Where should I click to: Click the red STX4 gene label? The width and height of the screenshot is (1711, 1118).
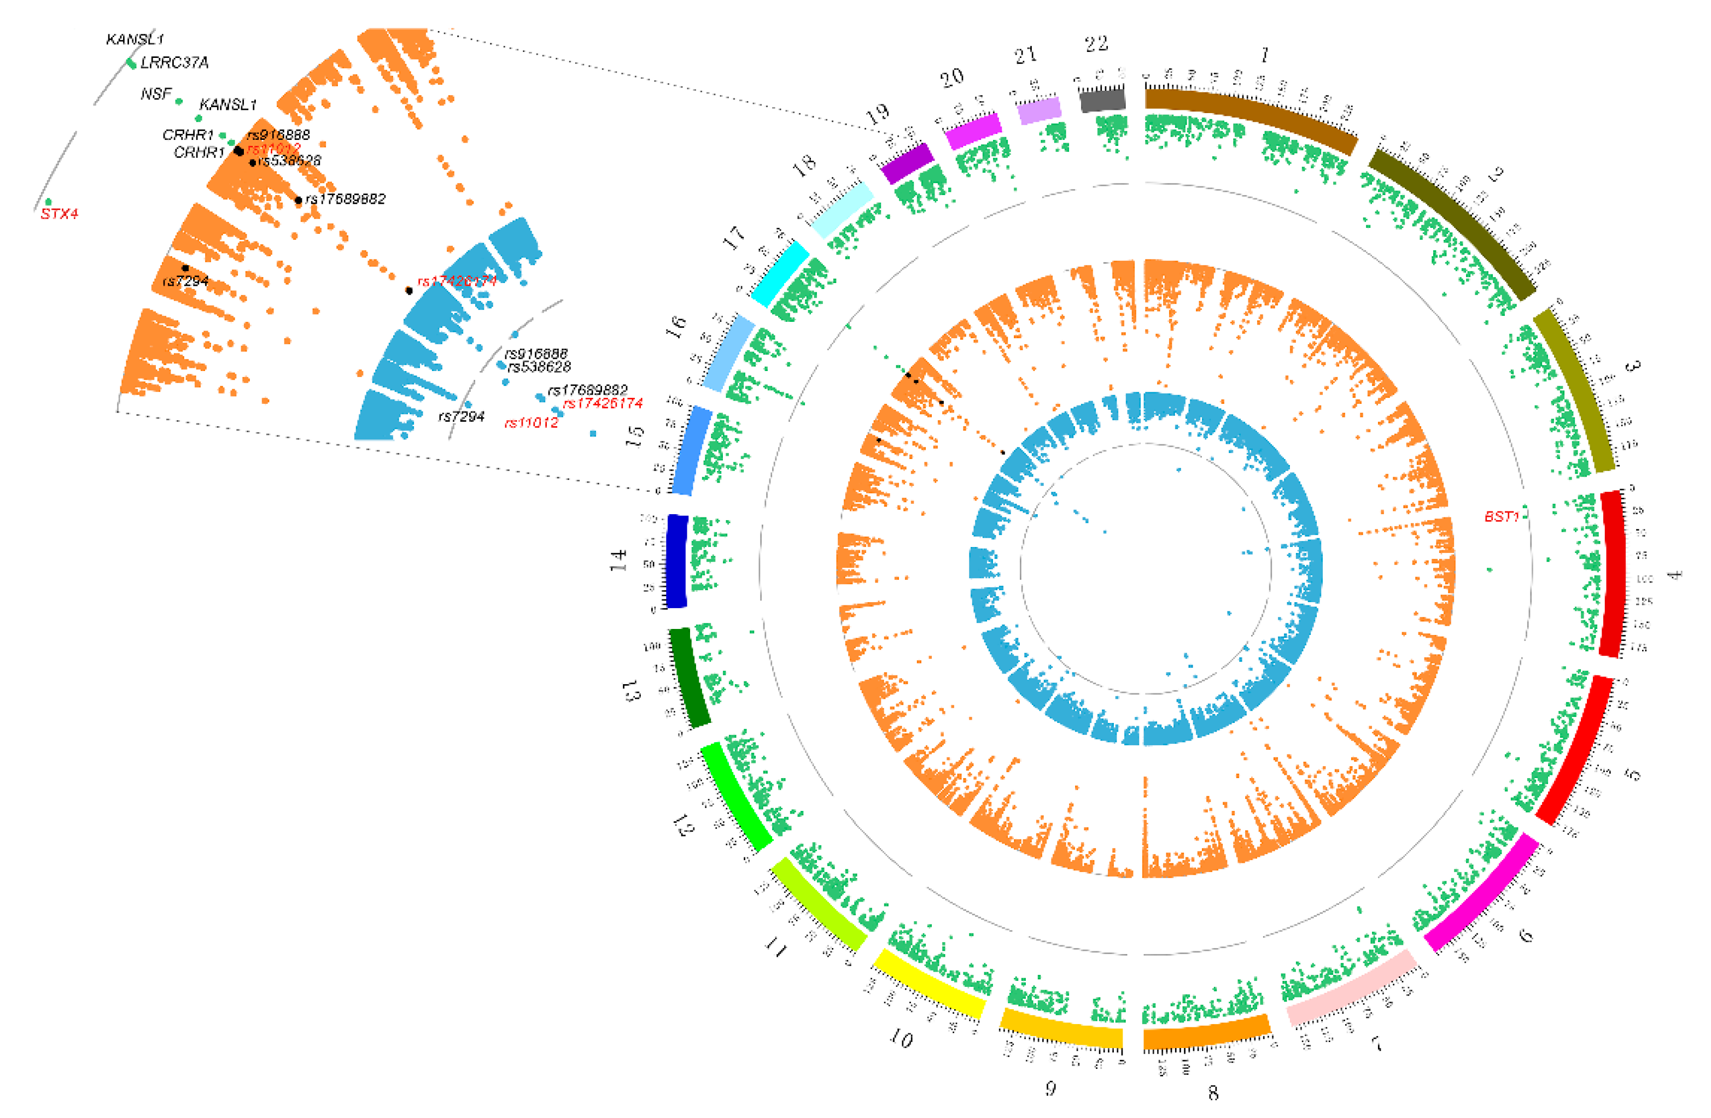point(59,214)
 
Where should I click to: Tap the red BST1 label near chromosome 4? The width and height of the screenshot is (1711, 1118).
point(1501,516)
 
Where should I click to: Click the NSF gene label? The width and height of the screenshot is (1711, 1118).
point(156,94)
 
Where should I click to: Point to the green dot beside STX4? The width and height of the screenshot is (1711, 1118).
point(48,202)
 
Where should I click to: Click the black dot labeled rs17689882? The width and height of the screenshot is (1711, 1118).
point(299,200)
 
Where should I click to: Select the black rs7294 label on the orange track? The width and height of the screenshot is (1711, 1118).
point(185,281)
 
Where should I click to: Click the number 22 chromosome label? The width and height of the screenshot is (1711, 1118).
point(1096,45)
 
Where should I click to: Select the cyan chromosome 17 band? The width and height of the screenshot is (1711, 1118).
point(779,273)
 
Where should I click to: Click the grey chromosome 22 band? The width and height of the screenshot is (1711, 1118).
point(1103,99)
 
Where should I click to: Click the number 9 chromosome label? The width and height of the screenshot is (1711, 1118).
point(1050,1088)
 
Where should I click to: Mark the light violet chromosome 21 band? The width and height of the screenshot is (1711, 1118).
point(1040,110)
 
